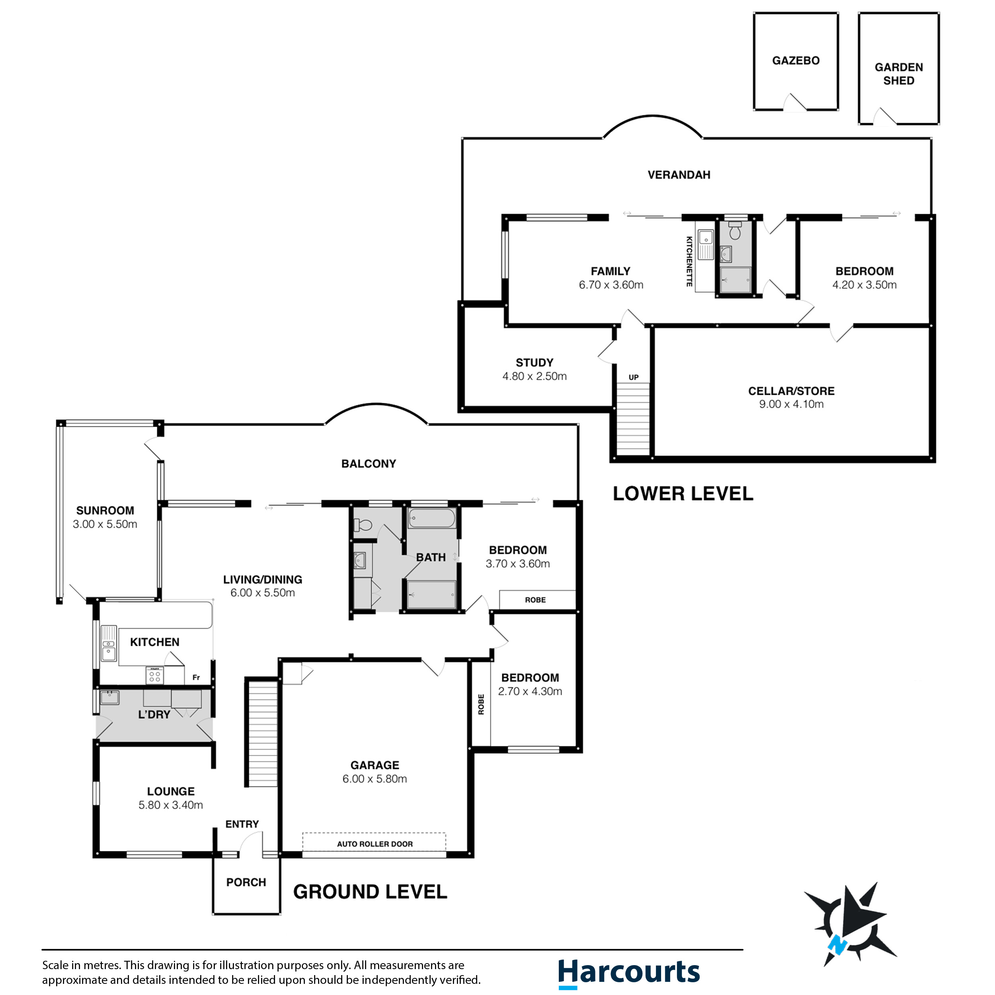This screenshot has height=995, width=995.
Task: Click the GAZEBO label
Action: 796,61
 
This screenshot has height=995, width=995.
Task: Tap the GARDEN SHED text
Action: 899,74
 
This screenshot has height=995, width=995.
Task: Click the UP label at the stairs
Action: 634,377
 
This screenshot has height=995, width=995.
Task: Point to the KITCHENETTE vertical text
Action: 689,261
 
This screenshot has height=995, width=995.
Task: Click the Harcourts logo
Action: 629,972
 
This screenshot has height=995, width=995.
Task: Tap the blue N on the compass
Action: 838,945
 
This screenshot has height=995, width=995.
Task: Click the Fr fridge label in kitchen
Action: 196,678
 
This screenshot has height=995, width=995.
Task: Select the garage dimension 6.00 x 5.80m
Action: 375,779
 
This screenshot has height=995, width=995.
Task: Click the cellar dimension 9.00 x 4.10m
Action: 791,404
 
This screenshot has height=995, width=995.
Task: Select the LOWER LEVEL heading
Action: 683,494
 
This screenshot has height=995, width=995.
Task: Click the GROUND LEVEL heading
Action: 370,892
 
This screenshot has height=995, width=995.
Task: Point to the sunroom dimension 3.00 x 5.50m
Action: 105,524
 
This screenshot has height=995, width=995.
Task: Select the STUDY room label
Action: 535,363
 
